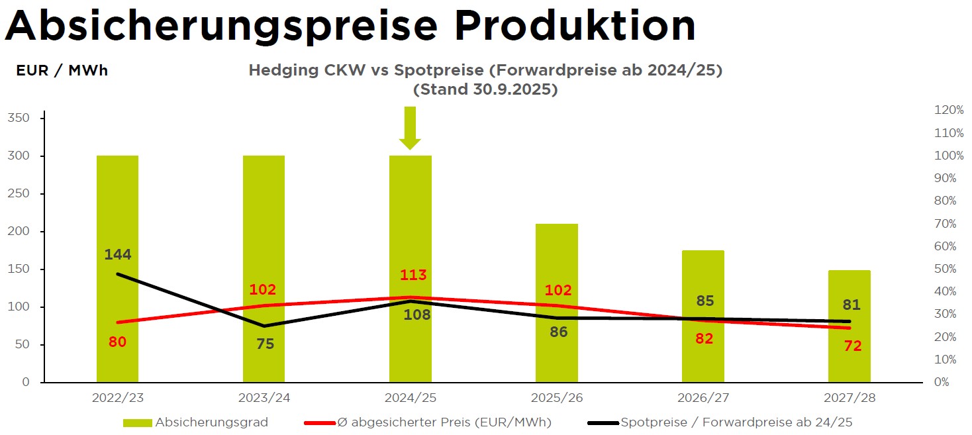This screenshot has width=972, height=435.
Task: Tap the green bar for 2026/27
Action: pyautogui.click(x=703, y=358)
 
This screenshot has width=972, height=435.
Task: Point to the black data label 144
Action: pyautogui.click(x=118, y=254)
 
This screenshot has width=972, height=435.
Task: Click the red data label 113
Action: pyautogui.click(x=413, y=275)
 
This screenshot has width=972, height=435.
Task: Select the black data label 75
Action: pyautogui.click(x=266, y=344)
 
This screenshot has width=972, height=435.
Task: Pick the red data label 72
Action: pyautogui.click(x=853, y=346)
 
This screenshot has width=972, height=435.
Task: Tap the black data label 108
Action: pyautogui.click(x=417, y=315)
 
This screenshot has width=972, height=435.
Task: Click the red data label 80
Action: pyautogui.click(x=117, y=342)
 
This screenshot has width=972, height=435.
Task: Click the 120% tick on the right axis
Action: pyautogui.click(x=949, y=111)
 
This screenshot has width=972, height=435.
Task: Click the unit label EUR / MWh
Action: pyautogui.click(x=62, y=71)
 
